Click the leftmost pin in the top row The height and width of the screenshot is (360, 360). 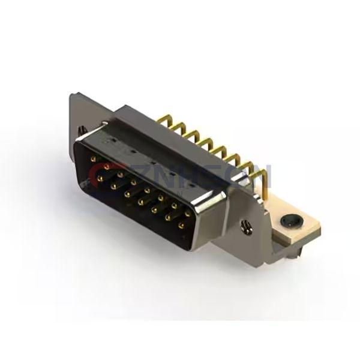pyautogui.click(x=93, y=159)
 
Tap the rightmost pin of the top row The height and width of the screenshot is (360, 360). pyautogui.click(x=188, y=213)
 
